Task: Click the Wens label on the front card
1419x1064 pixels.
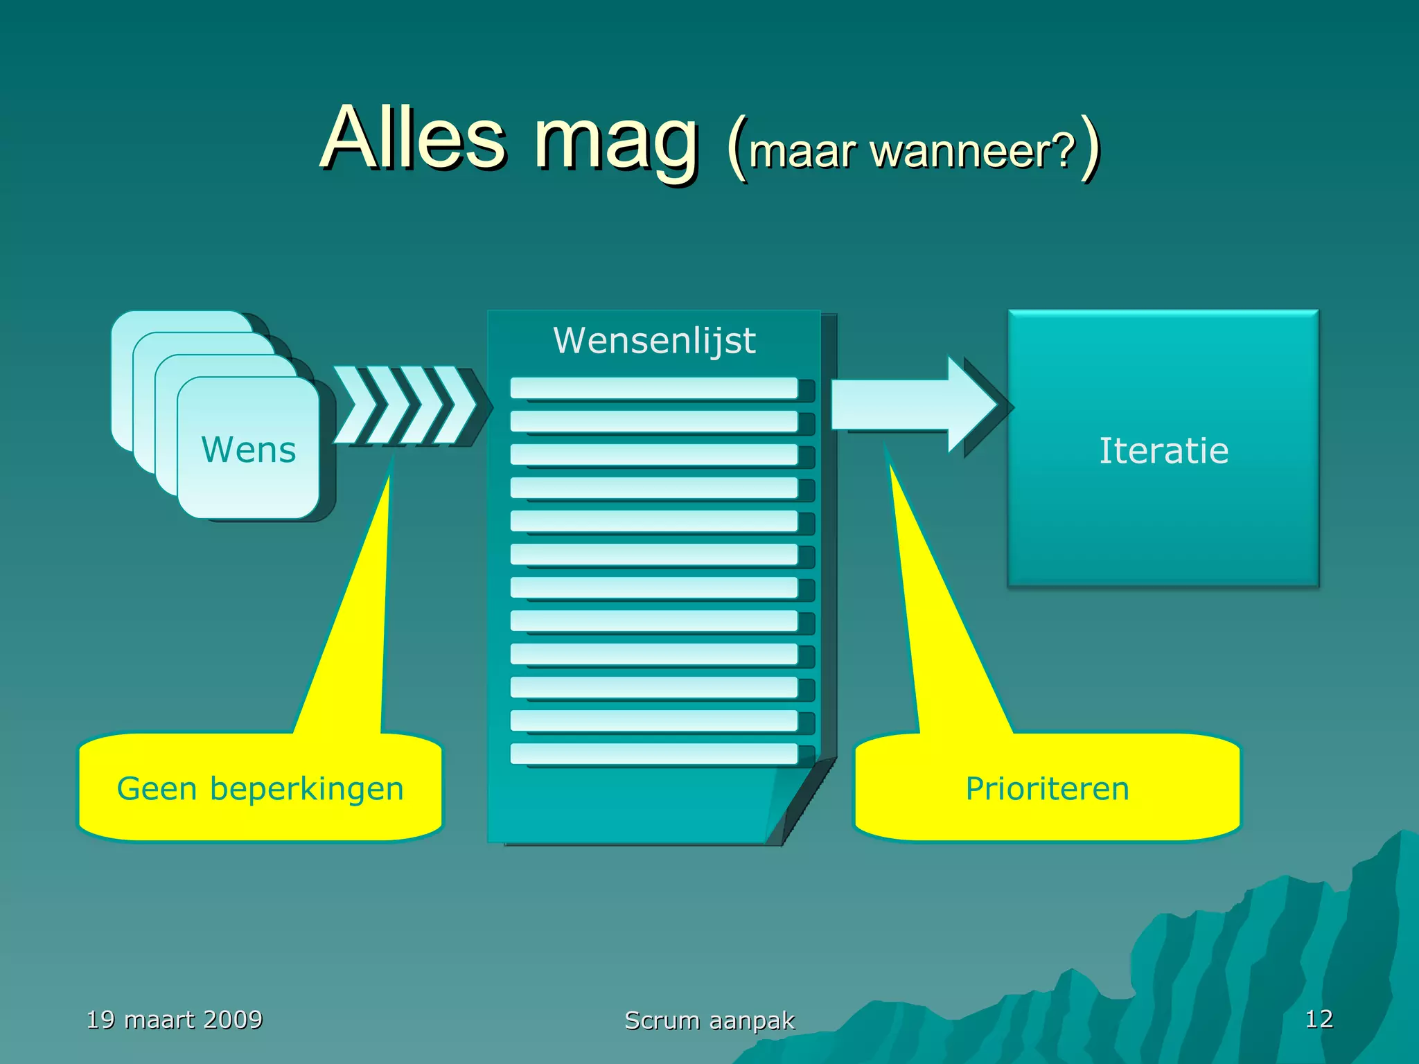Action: pyautogui.click(x=248, y=450)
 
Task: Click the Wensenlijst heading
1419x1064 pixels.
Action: pyautogui.click(x=654, y=340)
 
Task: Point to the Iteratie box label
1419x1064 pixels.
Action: pyautogui.click(x=1163, y=450)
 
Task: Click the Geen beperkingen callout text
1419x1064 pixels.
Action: pyautogui.click(x=260, y=788)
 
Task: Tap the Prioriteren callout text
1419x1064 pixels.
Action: pyautogui.click(x=1047, y=788)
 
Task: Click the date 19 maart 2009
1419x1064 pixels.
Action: pyautogui.click(x=174, y=1019)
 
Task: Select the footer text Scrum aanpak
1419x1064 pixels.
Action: pyautogui.click(x=709, y=1020)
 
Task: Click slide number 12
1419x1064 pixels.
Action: pyautogui.click(x=1318, y=1018)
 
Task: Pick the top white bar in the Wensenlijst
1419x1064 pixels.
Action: pyautogui.click(x=653, y=388)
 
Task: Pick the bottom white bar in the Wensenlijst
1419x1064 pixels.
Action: pyautogui.click(x=653, y=754)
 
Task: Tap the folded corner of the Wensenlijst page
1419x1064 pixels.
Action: pyautogui.click(x=797, y=804)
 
